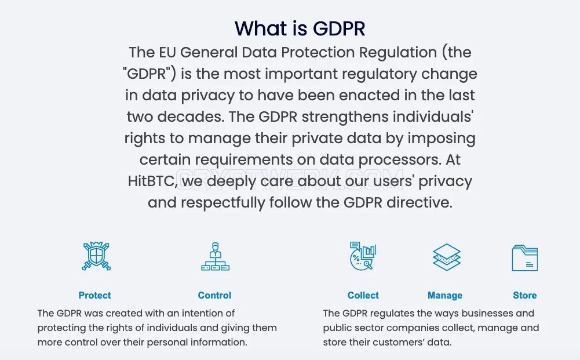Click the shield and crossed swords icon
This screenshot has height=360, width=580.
(96, 256)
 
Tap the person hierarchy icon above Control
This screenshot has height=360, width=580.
(216, 256)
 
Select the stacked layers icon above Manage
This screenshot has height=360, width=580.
(447, 257)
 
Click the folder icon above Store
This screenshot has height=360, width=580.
(525, 257)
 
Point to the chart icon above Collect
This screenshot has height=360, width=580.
(363, 256)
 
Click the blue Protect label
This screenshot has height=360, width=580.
(94, 295)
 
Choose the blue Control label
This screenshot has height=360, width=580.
(214, 295)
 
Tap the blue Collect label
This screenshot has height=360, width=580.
(363, 295)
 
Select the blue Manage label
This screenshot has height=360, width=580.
(445, 296)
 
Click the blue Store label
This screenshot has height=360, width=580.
(525, 295)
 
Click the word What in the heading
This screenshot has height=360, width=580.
(260, 28)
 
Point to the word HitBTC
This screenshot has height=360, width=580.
(151, 181)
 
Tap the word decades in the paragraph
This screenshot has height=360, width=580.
(191, 117)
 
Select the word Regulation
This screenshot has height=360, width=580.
(398, 53)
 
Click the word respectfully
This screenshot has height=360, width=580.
(223, 203)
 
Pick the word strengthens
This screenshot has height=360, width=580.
(345, 117)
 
